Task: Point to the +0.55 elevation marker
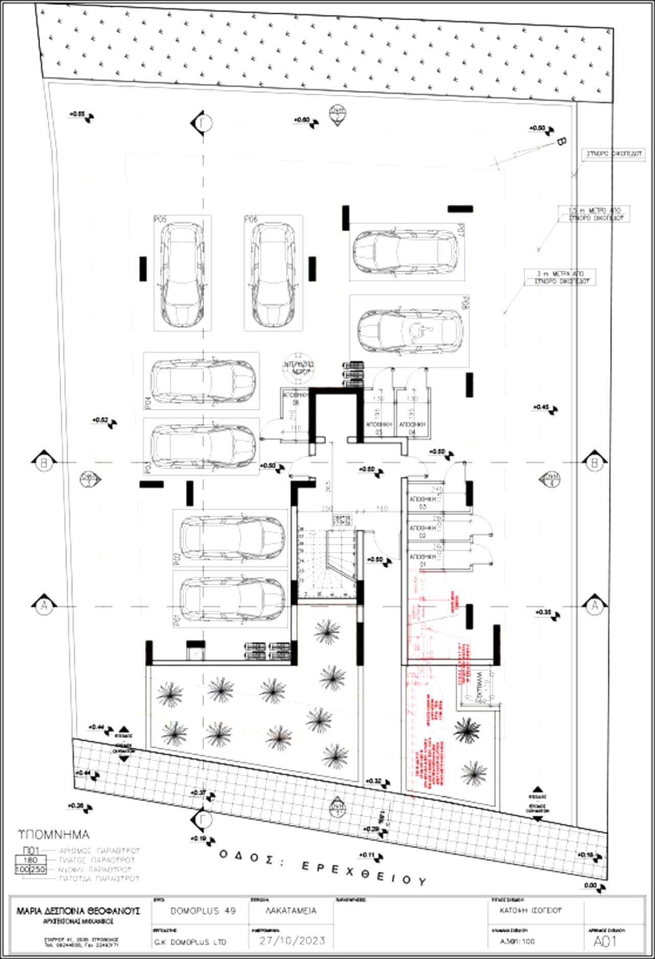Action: point(82,115)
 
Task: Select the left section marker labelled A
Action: point(44,606)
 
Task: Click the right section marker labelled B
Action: point(595,463)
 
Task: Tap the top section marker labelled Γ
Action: point(204,123)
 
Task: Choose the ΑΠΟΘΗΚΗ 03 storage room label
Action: point(423,502)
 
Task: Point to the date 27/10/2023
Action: point(292,940)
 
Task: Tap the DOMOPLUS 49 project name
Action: point(203,911)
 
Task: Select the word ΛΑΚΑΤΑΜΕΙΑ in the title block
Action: point(291,911)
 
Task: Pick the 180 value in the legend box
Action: point(31,860)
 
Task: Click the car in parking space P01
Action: point(232,599)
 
